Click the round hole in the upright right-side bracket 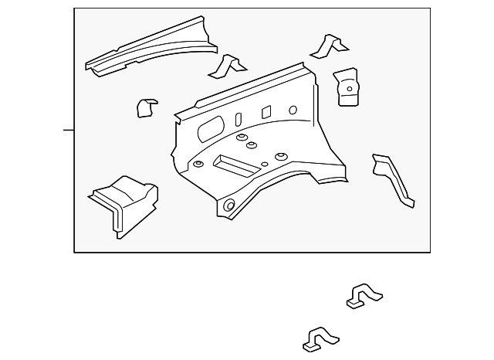tap(349, 88)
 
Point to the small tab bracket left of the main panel tap(145, 107)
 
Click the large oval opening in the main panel tap(209, 131)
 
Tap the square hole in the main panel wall tap(266, 112)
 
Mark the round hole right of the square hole tap(293, 110)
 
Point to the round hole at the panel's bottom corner tap(228, 205)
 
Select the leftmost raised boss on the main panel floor tap(199, 164)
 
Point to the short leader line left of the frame tap(69, 130)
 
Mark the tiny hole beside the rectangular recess tap(265, 164)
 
